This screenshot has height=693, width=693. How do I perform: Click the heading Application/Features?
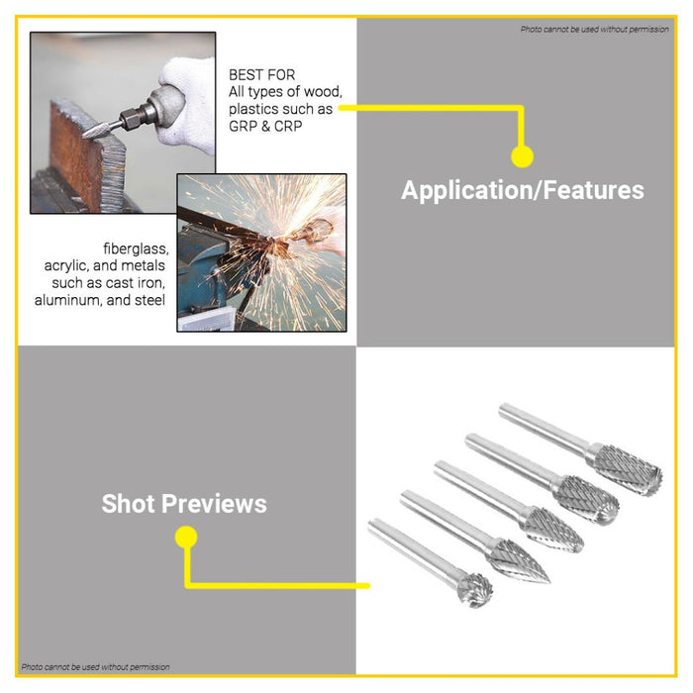[522, 190]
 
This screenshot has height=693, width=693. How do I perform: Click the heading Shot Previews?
[184, 503]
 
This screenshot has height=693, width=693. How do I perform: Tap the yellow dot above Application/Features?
[522, 156]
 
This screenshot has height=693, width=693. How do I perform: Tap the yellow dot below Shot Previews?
[185, 538]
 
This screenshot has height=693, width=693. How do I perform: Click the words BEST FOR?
[261, 75]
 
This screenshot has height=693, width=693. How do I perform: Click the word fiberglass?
[135, 247]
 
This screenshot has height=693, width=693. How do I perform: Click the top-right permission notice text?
[595, 30]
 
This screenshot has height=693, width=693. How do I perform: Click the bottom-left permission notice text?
[95, 666]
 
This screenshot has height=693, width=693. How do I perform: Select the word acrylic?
[68, 265]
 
